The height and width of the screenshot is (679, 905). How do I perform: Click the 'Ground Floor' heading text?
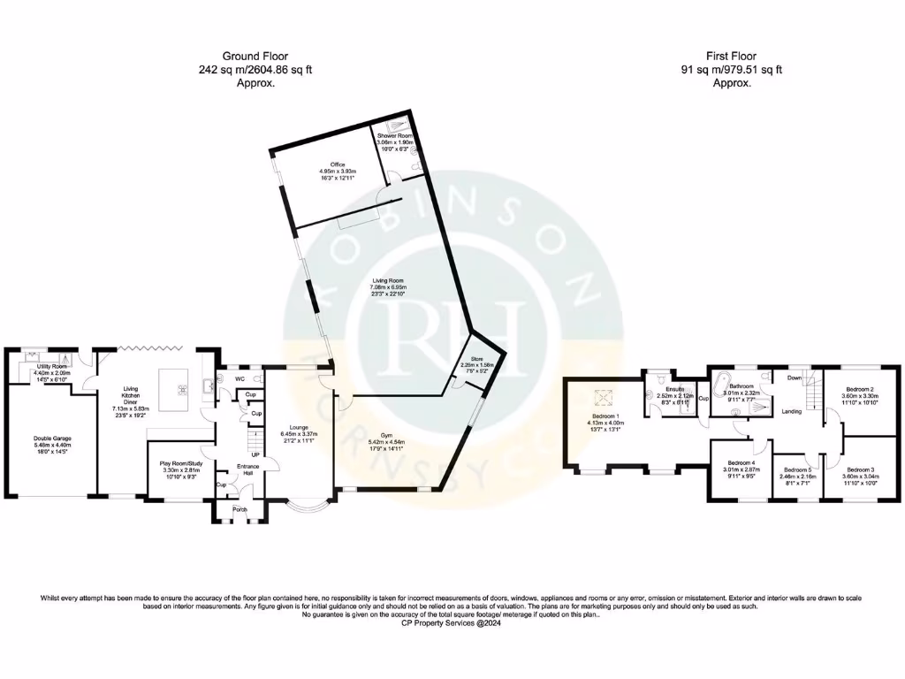(255, 54)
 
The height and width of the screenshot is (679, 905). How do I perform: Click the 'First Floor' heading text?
(731, 54)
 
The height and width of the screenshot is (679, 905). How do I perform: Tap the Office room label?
(337, 164)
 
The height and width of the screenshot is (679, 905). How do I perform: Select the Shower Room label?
(395, 135)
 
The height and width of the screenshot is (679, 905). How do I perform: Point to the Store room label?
(469, 358)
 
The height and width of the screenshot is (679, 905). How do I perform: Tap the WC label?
(240, 378)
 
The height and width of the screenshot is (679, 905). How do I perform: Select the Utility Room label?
(50, 366)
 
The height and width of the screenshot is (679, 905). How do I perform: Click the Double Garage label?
(54, 439)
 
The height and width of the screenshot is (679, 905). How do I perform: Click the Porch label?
(240, 510)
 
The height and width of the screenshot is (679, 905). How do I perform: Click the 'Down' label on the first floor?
(794, 378)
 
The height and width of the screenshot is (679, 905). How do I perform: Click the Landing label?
(792, 412)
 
